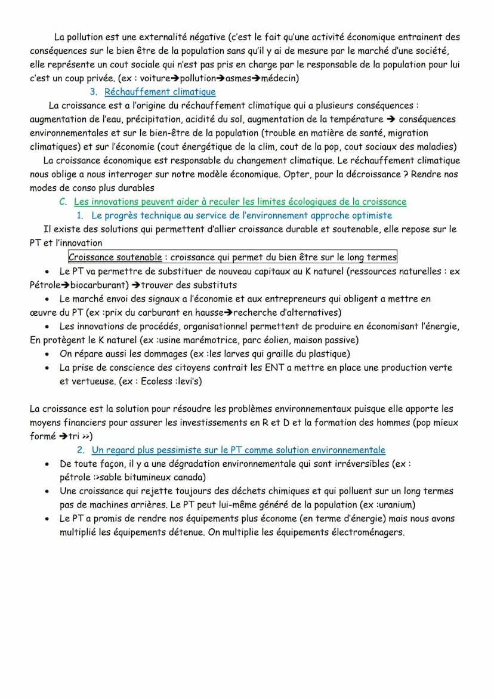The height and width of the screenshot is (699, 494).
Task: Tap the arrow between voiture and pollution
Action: (x=175, y=78)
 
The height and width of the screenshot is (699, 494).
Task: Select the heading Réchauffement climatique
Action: (x=160, y=92)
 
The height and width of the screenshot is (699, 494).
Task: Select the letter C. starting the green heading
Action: (x=63, y=202)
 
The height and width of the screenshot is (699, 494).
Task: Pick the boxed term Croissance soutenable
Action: (x=115, y=257)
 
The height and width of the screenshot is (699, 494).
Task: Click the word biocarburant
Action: (x=95, y=285)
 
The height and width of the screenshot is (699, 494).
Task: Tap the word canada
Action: (x=189, y=478)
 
